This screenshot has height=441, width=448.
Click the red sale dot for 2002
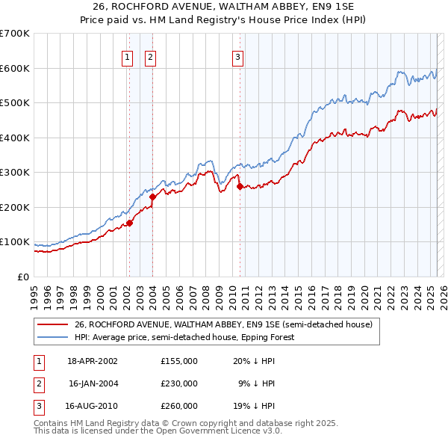(129, 222)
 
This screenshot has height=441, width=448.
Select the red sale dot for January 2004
(152, 197)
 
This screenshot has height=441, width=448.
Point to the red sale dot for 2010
(240, 187)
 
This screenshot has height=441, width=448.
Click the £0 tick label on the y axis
(23, 277)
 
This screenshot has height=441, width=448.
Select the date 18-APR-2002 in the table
(93, 360)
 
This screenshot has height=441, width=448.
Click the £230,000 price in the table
(179, 383)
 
